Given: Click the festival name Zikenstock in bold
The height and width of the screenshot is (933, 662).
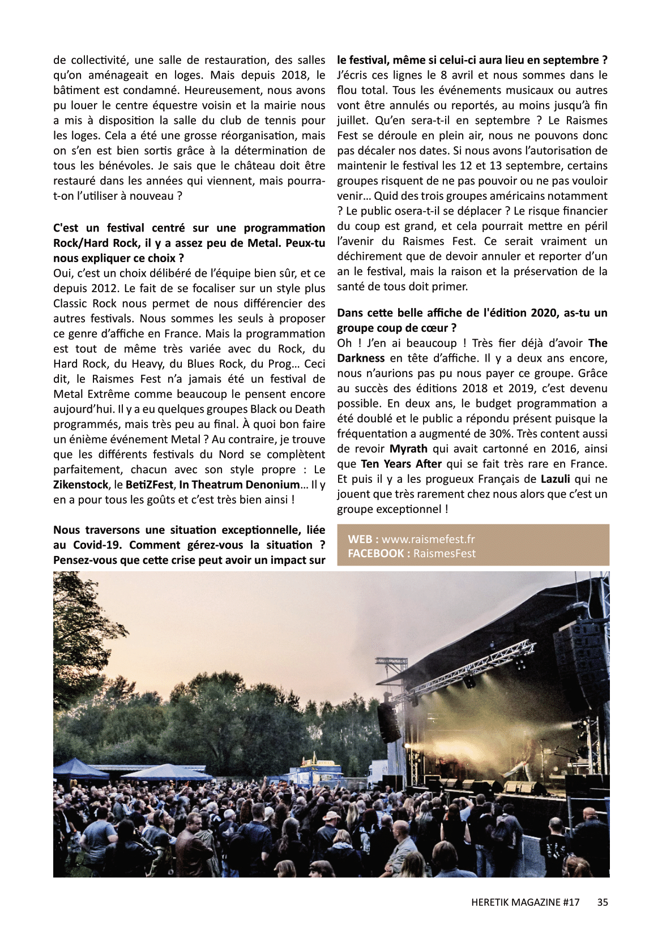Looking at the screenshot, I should click(80, 485).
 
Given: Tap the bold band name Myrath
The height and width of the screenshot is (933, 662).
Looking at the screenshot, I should click(408, 449).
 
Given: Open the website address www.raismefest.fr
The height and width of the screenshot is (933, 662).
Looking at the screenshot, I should click(428, 539).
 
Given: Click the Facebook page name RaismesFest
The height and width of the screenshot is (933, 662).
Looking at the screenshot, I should click(445, 554).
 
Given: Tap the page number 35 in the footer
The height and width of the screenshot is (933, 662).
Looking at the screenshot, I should click(603, 902).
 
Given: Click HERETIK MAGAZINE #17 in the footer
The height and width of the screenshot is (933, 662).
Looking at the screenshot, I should click(525, 902).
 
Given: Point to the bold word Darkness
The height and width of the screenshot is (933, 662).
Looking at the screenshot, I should click(361, 358).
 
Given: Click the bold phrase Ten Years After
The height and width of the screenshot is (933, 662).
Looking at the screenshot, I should click(402, 464).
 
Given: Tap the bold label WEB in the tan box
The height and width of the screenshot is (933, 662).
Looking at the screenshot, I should click(360, 539).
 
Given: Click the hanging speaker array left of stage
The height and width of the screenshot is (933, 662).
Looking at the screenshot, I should click(389, 722).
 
